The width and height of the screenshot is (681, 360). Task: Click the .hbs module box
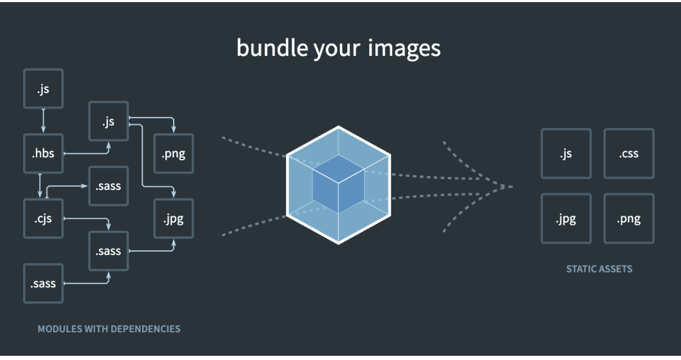pyautogui.click(x=43, y=154)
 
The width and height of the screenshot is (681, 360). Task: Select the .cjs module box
pyautogui.click(x=43, y=218)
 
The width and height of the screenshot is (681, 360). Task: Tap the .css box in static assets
pyautogui.click(x=629, y=154)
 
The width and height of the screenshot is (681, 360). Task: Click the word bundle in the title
pyautogui.click(x=271, y=48)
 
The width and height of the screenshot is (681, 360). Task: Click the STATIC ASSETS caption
pyautogui.click(x=599, y=269)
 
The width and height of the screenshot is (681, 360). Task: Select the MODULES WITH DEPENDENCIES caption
pyautogui.click(x=109, y=329)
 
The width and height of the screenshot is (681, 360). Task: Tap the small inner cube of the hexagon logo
pyautogui.click(x=338, y=184)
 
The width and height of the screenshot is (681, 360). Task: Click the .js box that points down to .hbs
pyautogui.click(x=43, y=89)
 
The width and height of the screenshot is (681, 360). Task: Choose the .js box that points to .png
pyautogui.click(x=108, y=121)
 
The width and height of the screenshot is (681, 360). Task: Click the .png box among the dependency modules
pyautogui.click(x=173, y=154)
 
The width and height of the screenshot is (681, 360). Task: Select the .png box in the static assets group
pyautogui.click(x=629, y=219)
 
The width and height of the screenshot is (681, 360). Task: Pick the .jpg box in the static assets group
pyautogui.click(x=566, y=219)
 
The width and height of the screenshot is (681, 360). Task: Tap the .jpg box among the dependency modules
pyautogui.click(x=173, y=218)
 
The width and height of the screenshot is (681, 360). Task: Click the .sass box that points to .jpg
pyautogui.click(x=108, y=251)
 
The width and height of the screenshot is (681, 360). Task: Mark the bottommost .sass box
pyautogui.click(x=43, y=284)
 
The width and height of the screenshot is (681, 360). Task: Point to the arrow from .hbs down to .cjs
pyautogui.click(x=40, y=186)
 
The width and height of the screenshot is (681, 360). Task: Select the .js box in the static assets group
pyautogui.click(x=566, y=154)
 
